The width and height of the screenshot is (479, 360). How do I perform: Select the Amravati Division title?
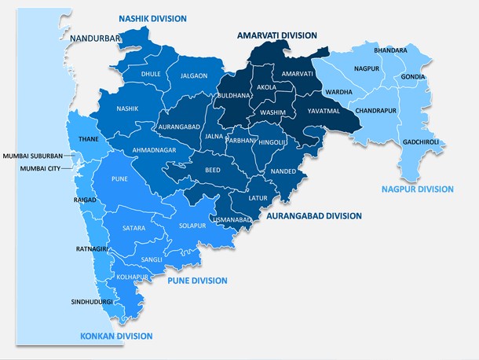pyautogui.click(x=277, y=35)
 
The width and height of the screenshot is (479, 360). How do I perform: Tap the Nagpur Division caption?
pyautogui.click(x=417, y=189)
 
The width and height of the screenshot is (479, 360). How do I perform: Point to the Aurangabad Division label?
pyautogui.click(x=314, y=215)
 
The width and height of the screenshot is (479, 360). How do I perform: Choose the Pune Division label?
pyautogui.click(x=197, y=281)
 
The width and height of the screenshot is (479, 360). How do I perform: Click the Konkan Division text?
pyautogui.click(x=116, y=336)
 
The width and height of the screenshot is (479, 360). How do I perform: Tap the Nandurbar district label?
pyautogui.click(x=94, y=38)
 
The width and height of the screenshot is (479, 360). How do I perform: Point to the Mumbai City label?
pyautogui.click(x=40, y=168)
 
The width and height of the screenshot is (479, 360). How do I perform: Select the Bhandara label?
pyautogui.click(x=390, y=50)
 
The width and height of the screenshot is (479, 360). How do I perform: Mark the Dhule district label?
pyautogui.click(x=151, y=74)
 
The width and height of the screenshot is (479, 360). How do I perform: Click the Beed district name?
pyautogui.click(x=212, y=170)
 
